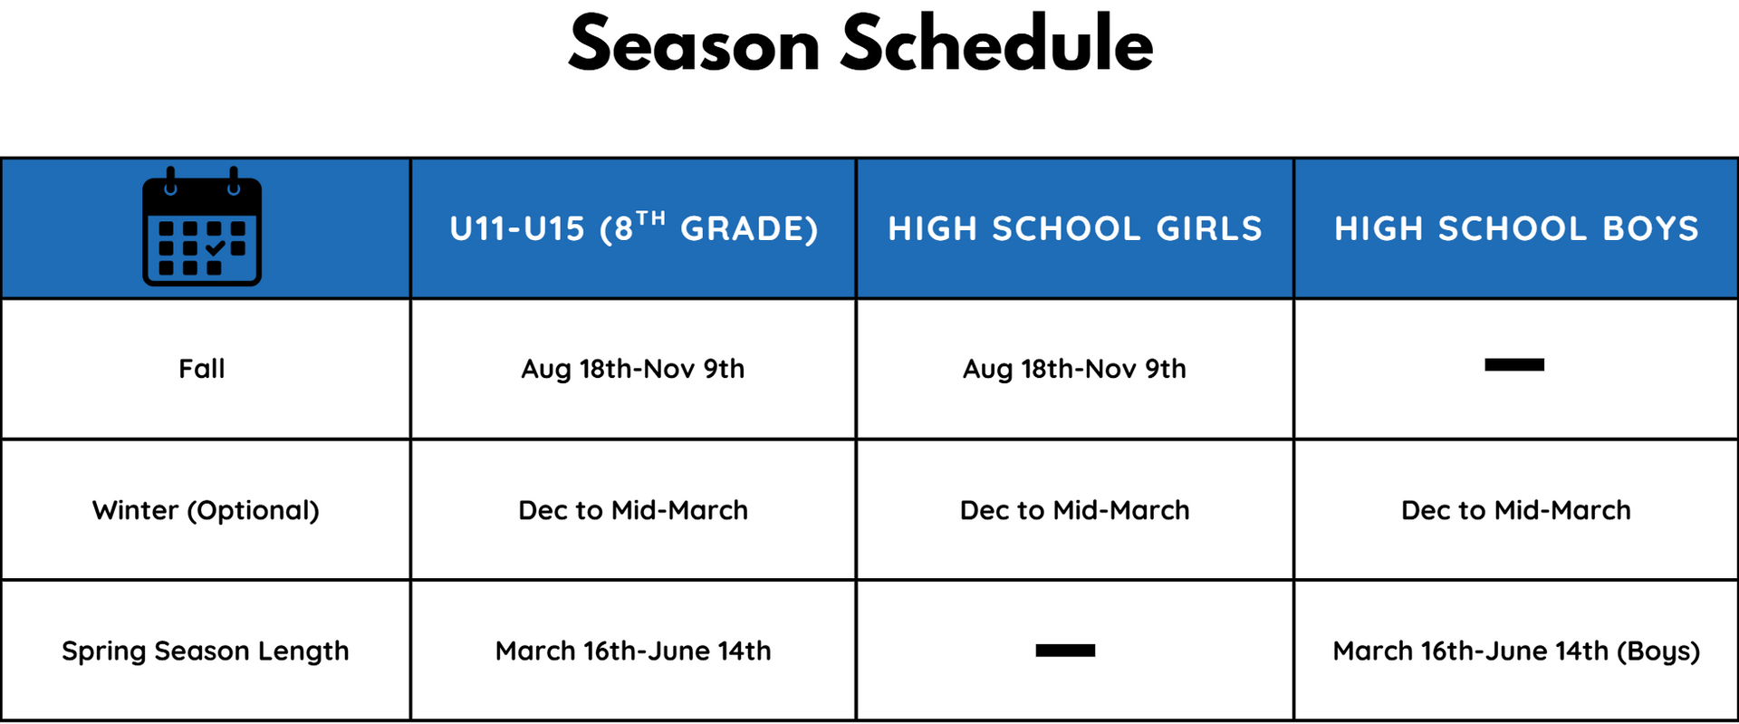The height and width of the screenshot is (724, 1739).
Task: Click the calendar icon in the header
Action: [x=202, y=227]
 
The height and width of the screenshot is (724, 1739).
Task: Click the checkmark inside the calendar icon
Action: [x=215, y=247]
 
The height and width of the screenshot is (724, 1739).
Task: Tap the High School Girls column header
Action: [x=1075, y=228]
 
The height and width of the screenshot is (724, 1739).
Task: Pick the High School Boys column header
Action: [x=1516, y=228]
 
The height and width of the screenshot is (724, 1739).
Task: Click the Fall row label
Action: [x=202, y=369]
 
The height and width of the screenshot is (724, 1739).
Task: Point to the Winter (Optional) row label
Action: [x=206, y=510]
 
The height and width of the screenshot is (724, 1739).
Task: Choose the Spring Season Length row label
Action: [x=206, y=652]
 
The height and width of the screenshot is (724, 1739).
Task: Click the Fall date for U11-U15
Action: [x=633, y=369]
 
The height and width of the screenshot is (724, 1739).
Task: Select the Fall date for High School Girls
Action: [x=1074, y=369]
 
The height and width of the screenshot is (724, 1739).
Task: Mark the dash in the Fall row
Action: [x=1514, y=365]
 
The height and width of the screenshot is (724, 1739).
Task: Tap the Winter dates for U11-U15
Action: [x=633, y=510]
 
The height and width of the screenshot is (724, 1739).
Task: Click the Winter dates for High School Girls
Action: [x=1075, y=510]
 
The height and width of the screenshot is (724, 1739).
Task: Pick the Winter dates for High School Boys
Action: [x=1516, y=510]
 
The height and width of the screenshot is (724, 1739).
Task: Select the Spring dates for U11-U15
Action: [x=633, y=651]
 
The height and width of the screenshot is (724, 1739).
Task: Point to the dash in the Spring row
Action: [x=1065, y=651]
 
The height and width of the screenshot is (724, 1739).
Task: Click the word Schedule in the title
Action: [x=997, y=43]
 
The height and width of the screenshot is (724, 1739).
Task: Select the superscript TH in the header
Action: [x=650, y=217]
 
